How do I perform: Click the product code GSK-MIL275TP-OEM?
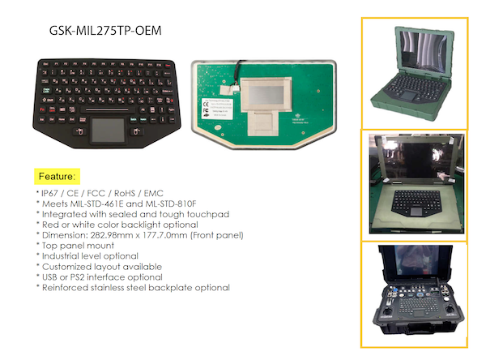click(105, 31)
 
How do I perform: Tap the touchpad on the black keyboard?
click(109, 131)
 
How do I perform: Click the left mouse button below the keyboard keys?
click(80, 131)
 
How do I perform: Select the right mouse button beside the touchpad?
click(136, 132)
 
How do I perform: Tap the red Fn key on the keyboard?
click(42, 109)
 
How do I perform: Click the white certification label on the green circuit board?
click(218, 109)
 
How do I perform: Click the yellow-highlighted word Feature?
click(57, 176)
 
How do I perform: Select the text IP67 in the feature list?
click(49, 193)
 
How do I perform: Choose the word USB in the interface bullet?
click(49, 277)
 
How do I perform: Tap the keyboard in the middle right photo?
click(416, 203)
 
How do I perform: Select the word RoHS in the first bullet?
click(125, 193)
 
